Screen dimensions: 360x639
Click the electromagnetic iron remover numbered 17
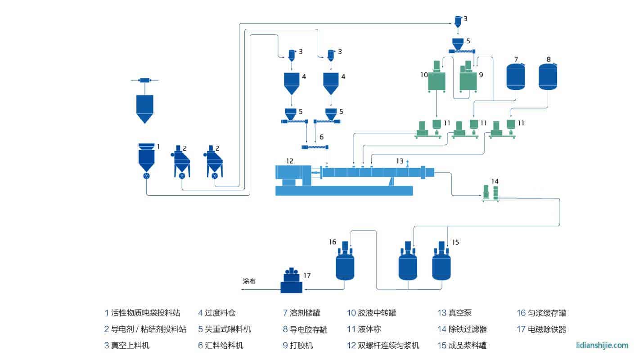[x=291, y=282]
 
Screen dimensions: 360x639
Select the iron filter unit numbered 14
[x=490, y=193]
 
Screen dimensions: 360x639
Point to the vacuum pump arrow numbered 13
[x=408, y=162]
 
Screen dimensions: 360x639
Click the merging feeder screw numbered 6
[x=315, y=147]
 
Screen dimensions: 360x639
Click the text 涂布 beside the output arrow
[x=249, y=281]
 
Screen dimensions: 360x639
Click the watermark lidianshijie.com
[x=602, y=345]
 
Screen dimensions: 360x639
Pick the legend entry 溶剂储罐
[x=306, y=313]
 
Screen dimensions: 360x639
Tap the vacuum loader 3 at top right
[x=457, y=21]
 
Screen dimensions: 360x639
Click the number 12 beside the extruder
[x=289, y=160]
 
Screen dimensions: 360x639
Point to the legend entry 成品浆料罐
[x=468, y=346]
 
